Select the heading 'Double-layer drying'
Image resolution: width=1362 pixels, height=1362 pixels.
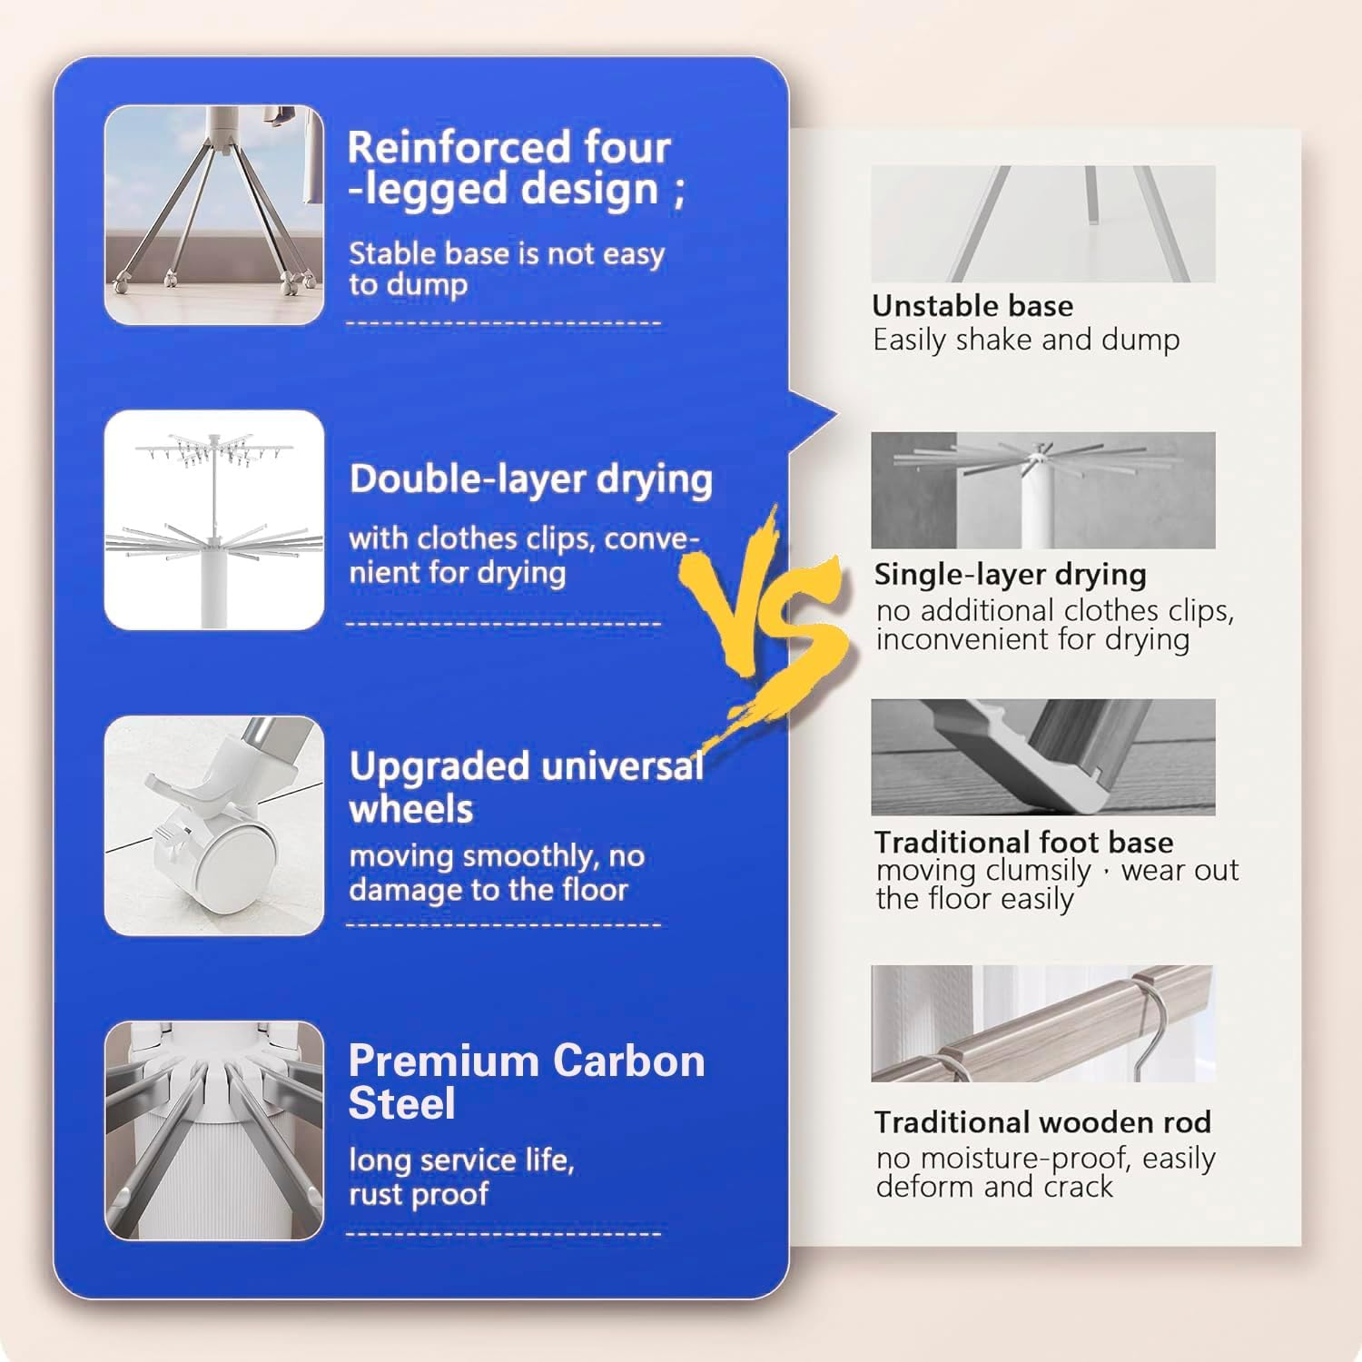tap(531, 479)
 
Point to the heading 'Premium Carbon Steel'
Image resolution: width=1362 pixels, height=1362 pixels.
tap(527, 1081)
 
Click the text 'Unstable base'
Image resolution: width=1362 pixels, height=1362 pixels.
tap(972, 306)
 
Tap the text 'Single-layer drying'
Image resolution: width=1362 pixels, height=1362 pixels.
tap(1010, 575)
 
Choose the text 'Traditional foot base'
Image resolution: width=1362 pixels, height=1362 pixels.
tap(1024, 842)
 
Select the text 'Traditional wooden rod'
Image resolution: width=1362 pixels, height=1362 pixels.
tap(1042, 1122)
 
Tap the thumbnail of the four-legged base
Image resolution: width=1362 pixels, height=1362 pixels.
tap(214, 215)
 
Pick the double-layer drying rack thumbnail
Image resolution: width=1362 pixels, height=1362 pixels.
tap(214, 520)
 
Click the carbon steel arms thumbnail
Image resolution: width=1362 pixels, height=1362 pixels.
tap(214, 1130)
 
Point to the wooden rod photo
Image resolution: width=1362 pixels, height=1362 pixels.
tap(1042, 1023)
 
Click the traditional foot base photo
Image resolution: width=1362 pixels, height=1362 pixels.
tap(1042, 757)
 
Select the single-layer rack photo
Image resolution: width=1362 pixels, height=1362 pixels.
tap(1042, 490)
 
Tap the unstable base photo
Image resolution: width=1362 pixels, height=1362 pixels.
tap(1042, 223)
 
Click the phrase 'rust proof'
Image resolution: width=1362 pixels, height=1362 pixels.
tap(419, 1194)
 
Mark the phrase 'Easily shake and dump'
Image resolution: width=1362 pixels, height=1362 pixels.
tap(1026, 340)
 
